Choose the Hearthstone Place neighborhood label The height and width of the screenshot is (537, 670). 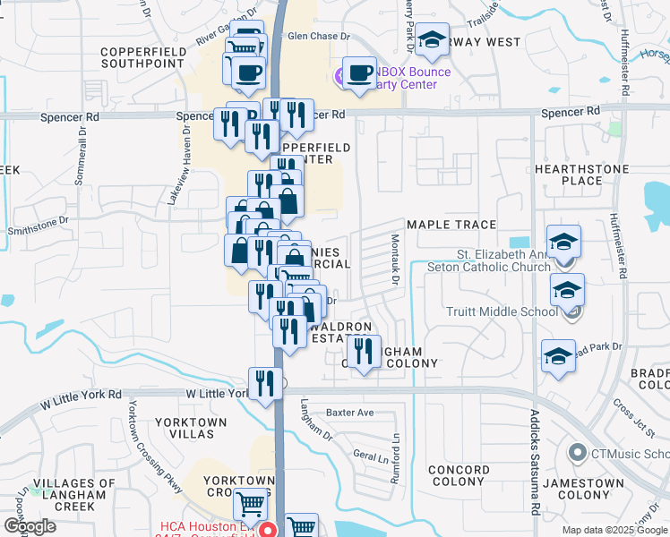click(x=581, y=175)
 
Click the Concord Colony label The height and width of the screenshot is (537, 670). click(x=459, y=475)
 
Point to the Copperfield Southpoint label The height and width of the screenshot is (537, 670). click(x=143, y=58)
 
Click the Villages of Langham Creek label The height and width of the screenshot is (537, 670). click(x=74, y=495)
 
